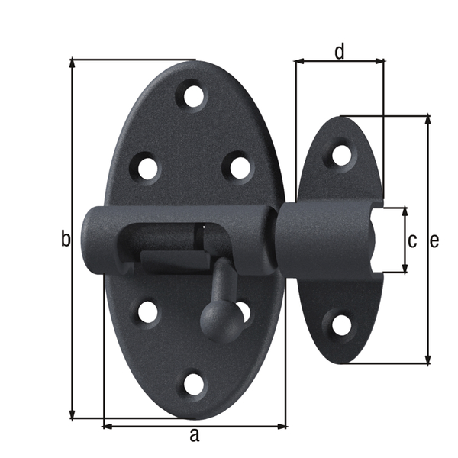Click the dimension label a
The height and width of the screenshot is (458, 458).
(194, 436)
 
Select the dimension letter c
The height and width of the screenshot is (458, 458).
(412, 240)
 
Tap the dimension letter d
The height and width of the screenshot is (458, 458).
(340, 51)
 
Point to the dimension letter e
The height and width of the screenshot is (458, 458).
(434, 240)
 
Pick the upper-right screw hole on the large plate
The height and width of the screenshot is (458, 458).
(240, 166)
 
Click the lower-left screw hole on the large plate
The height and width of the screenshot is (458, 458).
(147, 311)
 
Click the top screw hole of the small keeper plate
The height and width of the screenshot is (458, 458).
(341, 155)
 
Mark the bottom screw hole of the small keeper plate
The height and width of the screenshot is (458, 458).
(341, 325)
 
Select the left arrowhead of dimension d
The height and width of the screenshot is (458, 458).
(299, 62)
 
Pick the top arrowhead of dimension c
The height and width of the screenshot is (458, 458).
(405, 211)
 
